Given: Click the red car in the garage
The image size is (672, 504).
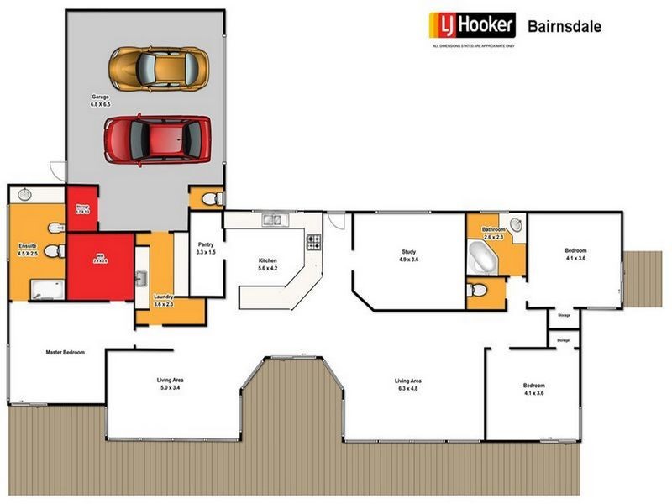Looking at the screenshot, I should (x=157, y=139).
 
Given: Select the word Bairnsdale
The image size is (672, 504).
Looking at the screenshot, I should (x=564, y=25).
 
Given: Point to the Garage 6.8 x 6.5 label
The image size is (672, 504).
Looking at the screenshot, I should (x=101, y=102).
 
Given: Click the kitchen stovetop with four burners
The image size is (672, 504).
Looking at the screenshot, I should (x=314, y=243).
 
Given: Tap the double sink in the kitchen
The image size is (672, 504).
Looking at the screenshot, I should (x=272, y=221).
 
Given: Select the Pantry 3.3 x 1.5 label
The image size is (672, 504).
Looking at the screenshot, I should (x=206, y=249).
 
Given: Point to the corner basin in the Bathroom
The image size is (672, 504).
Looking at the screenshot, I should (x=515, y=225).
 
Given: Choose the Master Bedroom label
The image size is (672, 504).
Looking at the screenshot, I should (x=65, y=353).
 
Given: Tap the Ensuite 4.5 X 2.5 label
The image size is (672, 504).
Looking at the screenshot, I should (x=28, y=250).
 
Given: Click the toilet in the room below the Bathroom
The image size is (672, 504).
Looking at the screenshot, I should (x=479, y=290).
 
